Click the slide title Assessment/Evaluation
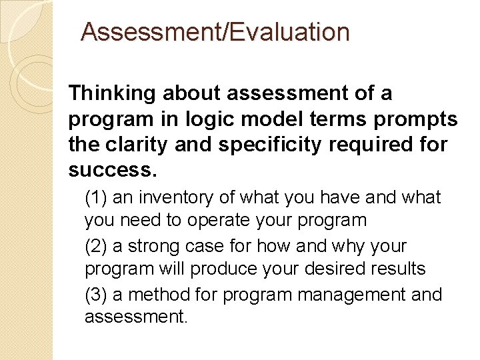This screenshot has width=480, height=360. (x=215, y=32)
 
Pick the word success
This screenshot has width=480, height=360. (x=113, y=170)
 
